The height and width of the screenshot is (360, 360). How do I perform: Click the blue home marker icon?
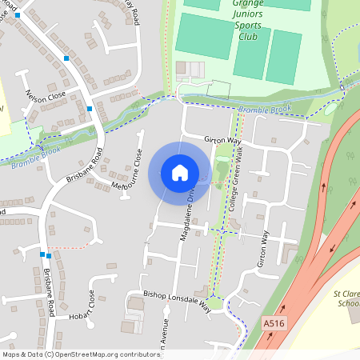pyautogui.click(x=180, y=173)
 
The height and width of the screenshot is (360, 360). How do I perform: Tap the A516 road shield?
pyautogui.click(x=273, y=322)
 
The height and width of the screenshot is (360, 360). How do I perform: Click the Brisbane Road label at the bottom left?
pyautogui.click(x=49, y=291)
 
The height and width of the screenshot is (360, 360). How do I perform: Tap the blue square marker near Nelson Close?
pyautogui.click(x=90, y=108)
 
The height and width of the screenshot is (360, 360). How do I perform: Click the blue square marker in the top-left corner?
pyautogui.click(x=17, y=15)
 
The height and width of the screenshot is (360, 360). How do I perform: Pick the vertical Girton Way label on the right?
pyautogui.click(x=261, y=250)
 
